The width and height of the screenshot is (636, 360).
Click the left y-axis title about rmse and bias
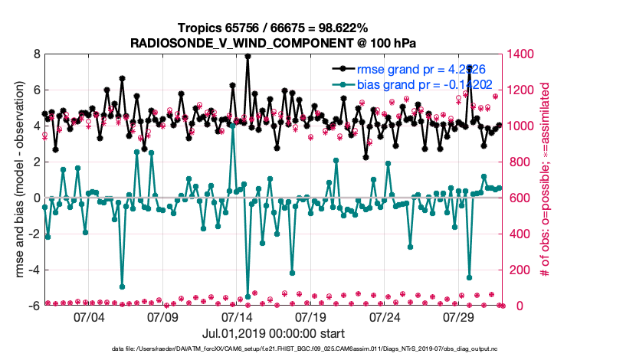coord(18,180)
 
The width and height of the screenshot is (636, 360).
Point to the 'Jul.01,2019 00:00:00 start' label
coord(274,333)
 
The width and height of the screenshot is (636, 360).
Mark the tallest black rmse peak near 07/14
coord(248,55)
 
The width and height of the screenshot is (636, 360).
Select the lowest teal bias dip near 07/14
coord(248,293)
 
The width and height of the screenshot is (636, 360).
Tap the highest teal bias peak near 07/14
coord(232,126)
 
